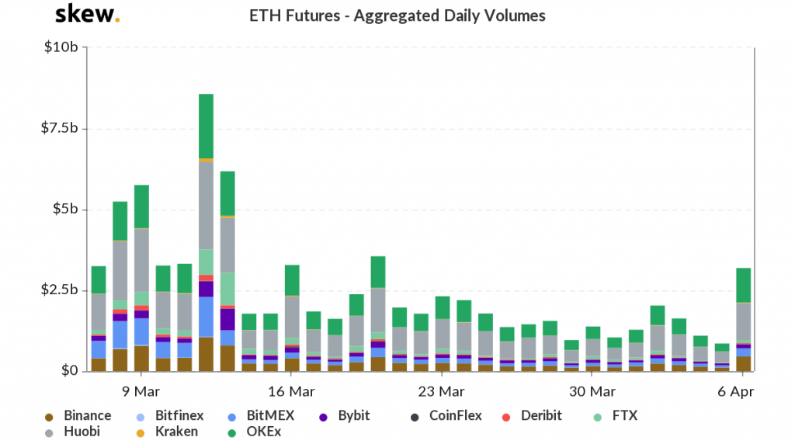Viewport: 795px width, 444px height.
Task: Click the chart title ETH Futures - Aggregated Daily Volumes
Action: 397,16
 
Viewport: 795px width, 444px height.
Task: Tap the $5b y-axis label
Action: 65,210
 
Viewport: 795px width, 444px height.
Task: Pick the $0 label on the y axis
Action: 71,371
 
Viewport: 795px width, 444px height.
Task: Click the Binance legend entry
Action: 78,416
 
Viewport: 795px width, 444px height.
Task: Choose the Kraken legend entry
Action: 168,432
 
